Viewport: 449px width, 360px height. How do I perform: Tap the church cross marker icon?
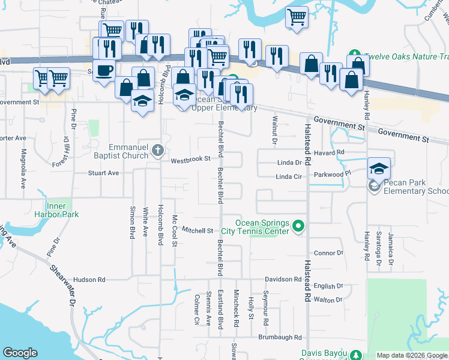[x=158, y=150]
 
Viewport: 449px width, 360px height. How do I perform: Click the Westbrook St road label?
[x=190, y=160]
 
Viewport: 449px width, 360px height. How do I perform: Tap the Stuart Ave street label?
[x=104, y=173]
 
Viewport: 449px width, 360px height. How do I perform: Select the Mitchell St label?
[x=198, y=230]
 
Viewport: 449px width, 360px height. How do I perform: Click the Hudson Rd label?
[x=89, y=280]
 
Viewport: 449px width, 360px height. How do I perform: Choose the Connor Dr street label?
[x=328, y=253]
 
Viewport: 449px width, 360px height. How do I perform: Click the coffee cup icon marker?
[x=104, y=70]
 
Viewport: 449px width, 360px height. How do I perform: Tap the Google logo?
[x=20, y=353]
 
